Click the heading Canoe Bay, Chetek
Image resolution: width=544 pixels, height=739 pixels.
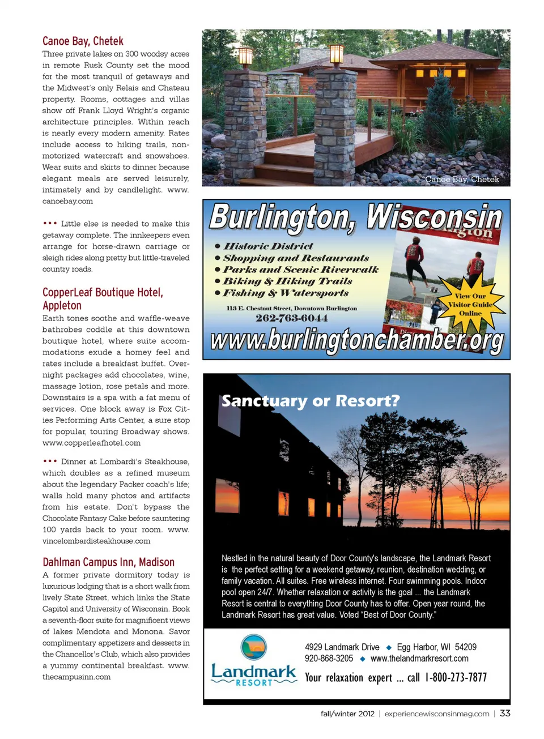[83, 41]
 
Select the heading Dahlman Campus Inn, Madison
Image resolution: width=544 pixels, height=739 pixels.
[108, 562]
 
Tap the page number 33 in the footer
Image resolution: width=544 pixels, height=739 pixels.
[505, 714]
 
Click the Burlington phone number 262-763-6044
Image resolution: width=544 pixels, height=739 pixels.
[291, 318]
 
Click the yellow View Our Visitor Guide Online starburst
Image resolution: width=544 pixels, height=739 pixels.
[470, 304]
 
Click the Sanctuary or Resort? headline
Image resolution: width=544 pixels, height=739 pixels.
[310, 401]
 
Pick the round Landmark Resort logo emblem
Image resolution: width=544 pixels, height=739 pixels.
[253, 647]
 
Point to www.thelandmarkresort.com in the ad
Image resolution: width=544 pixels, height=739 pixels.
[419, 659]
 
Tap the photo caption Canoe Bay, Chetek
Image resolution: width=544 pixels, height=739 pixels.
[462, 179]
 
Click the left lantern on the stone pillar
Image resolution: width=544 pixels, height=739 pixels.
[245, 56]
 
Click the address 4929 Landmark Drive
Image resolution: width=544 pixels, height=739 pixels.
[342, 647]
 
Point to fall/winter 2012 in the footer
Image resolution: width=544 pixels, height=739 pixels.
[347, 714]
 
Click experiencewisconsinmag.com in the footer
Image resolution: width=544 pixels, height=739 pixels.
[436, 714]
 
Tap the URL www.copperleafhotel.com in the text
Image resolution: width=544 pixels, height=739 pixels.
[91, 443]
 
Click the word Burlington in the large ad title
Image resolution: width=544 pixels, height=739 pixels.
[282, 218]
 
